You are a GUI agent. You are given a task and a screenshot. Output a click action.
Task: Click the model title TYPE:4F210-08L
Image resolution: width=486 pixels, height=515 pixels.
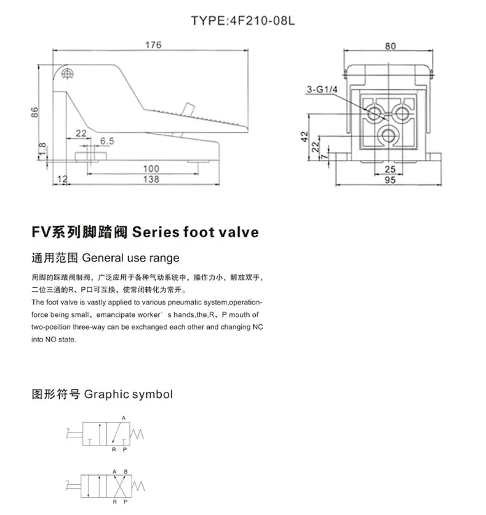pos(243,21)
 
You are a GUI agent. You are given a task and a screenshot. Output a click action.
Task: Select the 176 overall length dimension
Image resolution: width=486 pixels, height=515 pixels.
pos(153,45)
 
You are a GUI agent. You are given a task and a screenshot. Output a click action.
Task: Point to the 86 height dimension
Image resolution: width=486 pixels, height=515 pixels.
pos(34,112)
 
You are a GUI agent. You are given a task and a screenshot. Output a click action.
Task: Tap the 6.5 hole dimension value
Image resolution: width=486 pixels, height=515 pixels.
pos(107,141)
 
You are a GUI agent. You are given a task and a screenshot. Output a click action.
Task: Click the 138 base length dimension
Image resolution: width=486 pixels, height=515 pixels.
pos(151,179)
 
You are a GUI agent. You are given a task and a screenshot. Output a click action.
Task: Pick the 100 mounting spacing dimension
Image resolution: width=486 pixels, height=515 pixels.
pos(151,169)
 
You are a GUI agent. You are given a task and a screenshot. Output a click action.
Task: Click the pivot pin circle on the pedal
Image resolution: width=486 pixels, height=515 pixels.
pos(67,74)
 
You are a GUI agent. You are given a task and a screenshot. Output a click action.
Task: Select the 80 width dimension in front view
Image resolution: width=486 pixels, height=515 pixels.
pos(390,46)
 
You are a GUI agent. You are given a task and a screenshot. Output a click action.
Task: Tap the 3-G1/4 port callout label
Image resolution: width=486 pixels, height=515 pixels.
pos(322,89)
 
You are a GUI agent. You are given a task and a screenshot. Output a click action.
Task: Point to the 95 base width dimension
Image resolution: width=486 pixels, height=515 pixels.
pos(390,180)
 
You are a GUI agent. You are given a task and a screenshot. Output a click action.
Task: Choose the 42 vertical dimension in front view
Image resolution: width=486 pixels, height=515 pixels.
pos(305,137)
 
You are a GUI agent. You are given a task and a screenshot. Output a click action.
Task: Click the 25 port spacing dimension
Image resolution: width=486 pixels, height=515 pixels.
pos(390,169)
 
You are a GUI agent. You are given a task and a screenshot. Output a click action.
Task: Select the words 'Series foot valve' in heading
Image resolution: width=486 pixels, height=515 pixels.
pos(196,232)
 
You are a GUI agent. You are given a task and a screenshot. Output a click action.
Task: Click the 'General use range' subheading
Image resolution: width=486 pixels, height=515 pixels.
pos(130,258)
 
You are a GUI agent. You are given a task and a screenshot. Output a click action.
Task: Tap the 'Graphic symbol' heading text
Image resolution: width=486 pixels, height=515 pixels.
pos(129,394)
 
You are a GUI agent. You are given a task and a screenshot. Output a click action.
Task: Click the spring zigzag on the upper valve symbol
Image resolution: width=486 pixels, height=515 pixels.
pos(137,434)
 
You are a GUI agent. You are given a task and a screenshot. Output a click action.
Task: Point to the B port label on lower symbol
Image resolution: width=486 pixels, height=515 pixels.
pos(125,472)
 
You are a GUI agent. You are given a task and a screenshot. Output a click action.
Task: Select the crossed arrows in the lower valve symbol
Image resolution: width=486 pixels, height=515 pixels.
pos(119,486)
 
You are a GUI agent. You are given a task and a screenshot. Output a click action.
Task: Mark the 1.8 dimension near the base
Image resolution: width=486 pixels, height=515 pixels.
pos(42,150)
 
